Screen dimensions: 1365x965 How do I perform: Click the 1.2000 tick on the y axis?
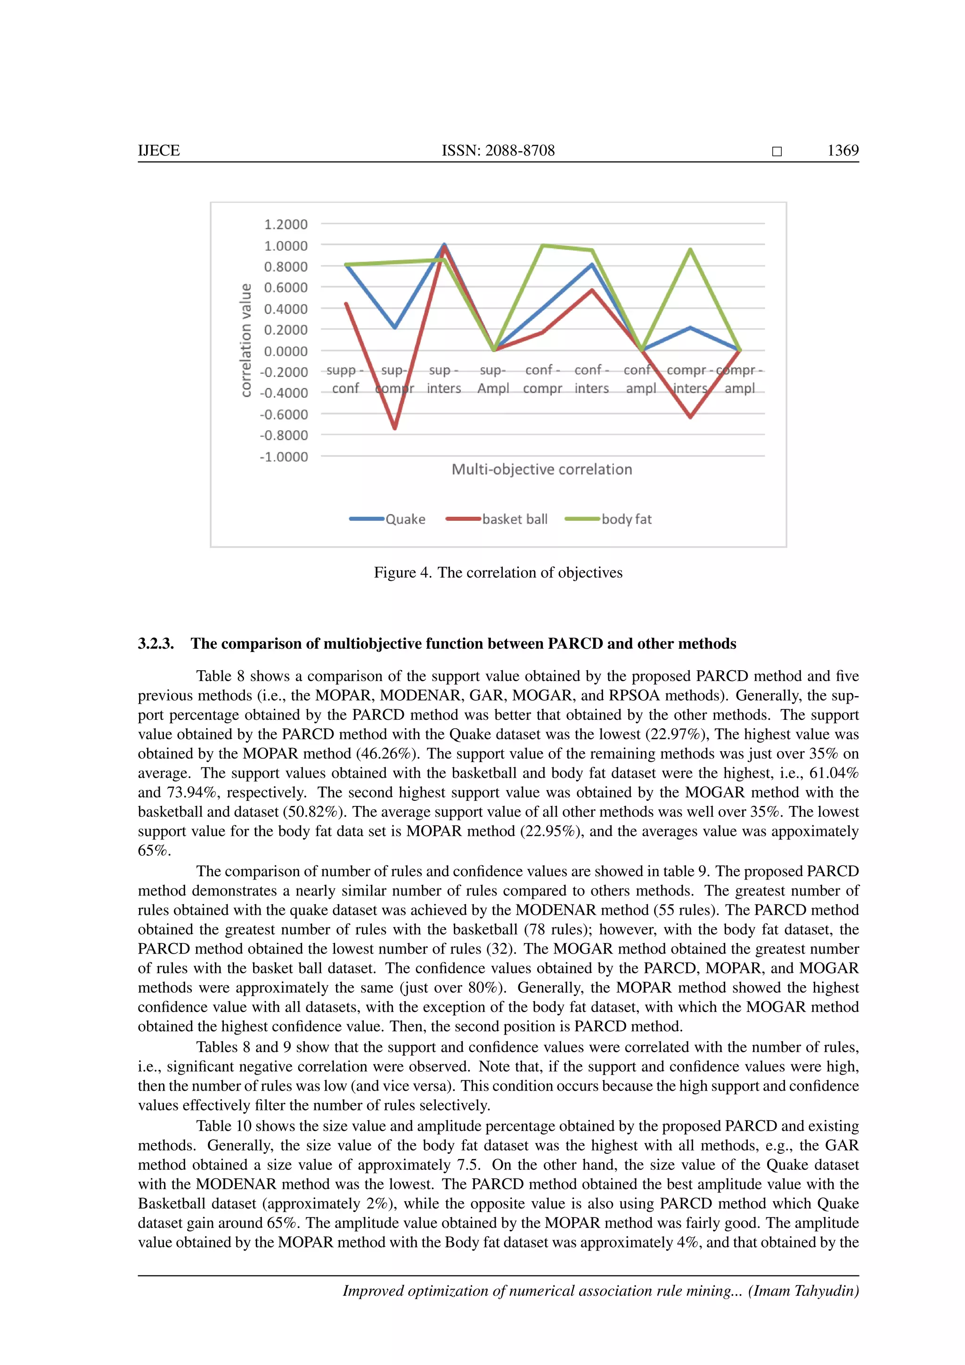286,224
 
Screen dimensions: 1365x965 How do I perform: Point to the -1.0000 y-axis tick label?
284,457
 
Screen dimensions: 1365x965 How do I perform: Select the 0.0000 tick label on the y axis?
286,351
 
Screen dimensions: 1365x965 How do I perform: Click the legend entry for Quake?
387,519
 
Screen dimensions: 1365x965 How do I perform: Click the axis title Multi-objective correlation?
541,469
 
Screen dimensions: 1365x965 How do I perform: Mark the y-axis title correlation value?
245,339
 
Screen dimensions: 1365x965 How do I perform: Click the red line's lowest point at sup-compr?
394,428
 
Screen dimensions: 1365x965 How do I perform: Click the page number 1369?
842,150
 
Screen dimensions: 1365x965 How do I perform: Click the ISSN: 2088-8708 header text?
498,150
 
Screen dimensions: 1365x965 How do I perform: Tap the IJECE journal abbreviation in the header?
159,150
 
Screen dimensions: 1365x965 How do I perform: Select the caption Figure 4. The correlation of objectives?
498,573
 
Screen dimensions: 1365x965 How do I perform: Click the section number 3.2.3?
155,643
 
